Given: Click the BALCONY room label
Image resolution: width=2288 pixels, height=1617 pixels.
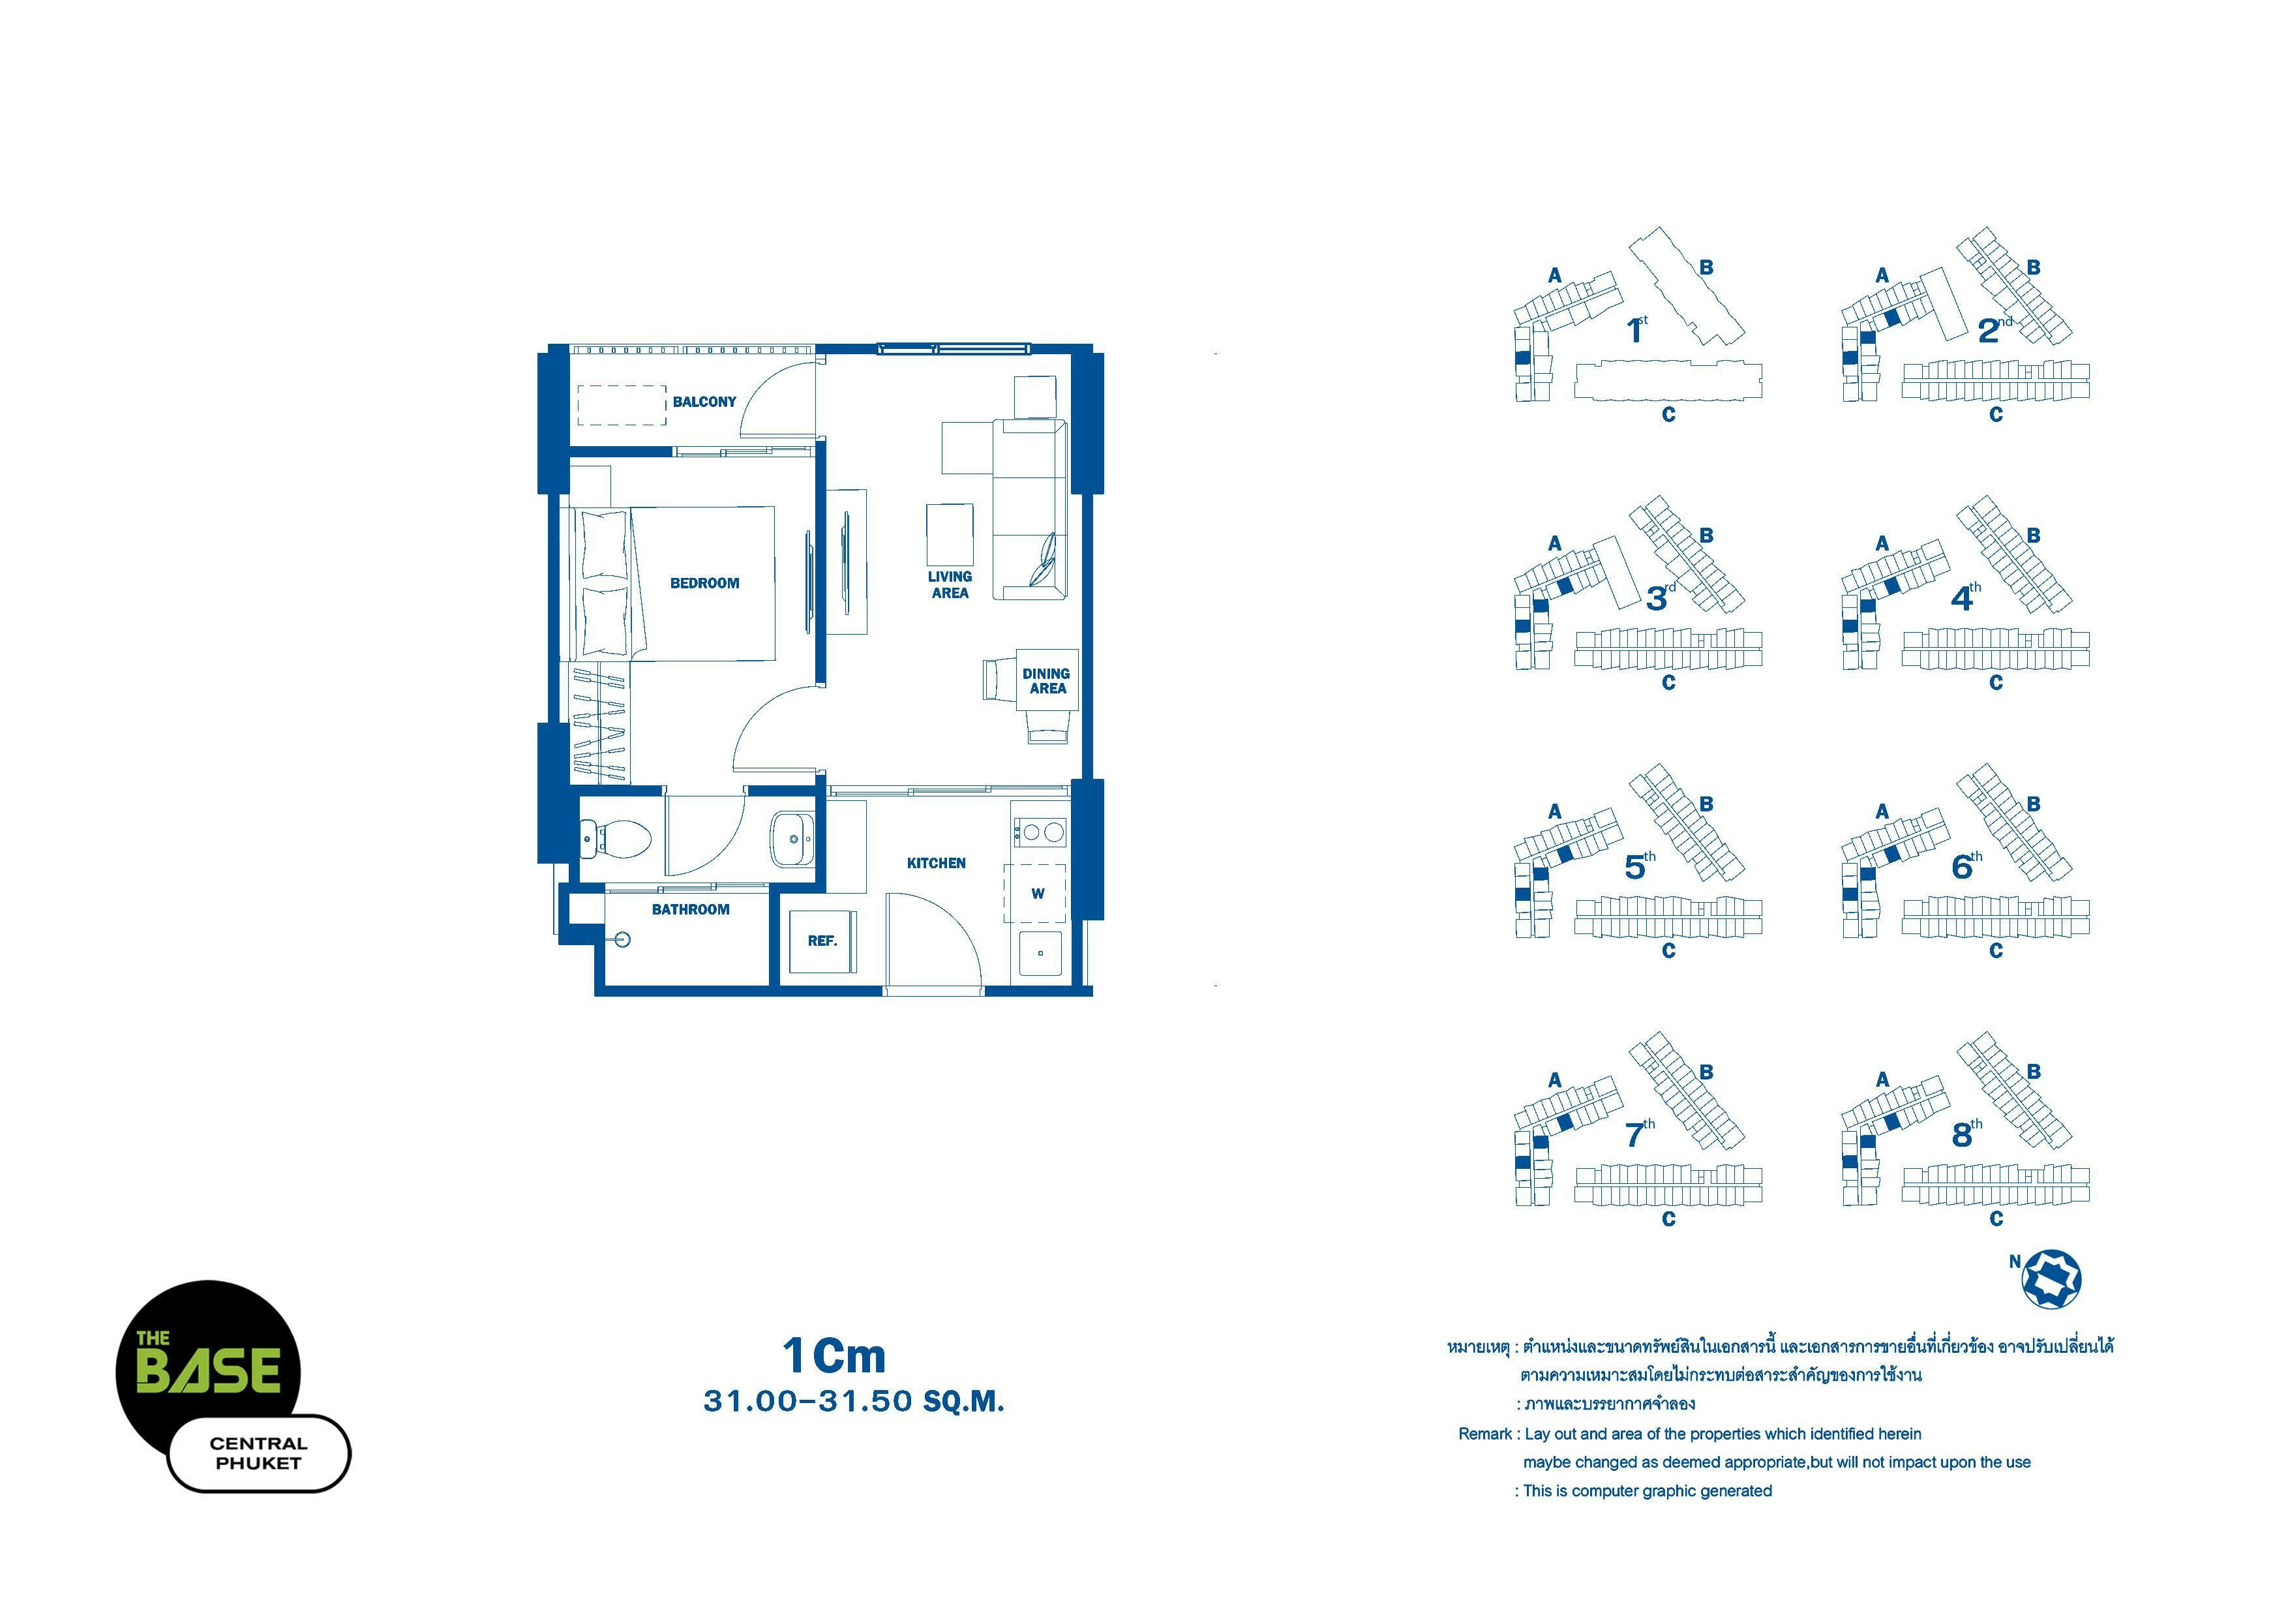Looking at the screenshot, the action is pos(704,402).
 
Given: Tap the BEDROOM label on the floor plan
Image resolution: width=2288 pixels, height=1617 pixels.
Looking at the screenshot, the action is pos(704,583).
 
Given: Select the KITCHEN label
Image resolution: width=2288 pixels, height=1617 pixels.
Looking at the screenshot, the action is pos(936,863).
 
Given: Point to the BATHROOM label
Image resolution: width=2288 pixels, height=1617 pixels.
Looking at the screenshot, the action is pos(691,909).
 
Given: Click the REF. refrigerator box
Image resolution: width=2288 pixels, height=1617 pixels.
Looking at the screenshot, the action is pos(822,941).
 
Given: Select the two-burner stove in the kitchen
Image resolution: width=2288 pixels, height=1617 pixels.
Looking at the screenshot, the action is pos(1040,831).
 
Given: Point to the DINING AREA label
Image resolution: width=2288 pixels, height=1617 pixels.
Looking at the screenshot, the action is pos(1046,680).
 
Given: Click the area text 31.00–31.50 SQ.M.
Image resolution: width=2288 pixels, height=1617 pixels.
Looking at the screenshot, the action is pos(854,1401).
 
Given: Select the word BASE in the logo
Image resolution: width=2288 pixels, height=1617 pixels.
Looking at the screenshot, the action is pos(208,1371).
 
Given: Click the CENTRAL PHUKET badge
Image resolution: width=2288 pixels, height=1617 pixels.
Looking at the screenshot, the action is pos(259,1454).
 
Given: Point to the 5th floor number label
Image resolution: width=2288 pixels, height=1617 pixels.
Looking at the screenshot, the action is pos(1639,866).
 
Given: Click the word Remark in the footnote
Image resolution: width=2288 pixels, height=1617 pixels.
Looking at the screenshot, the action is pos(1485,1434).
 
